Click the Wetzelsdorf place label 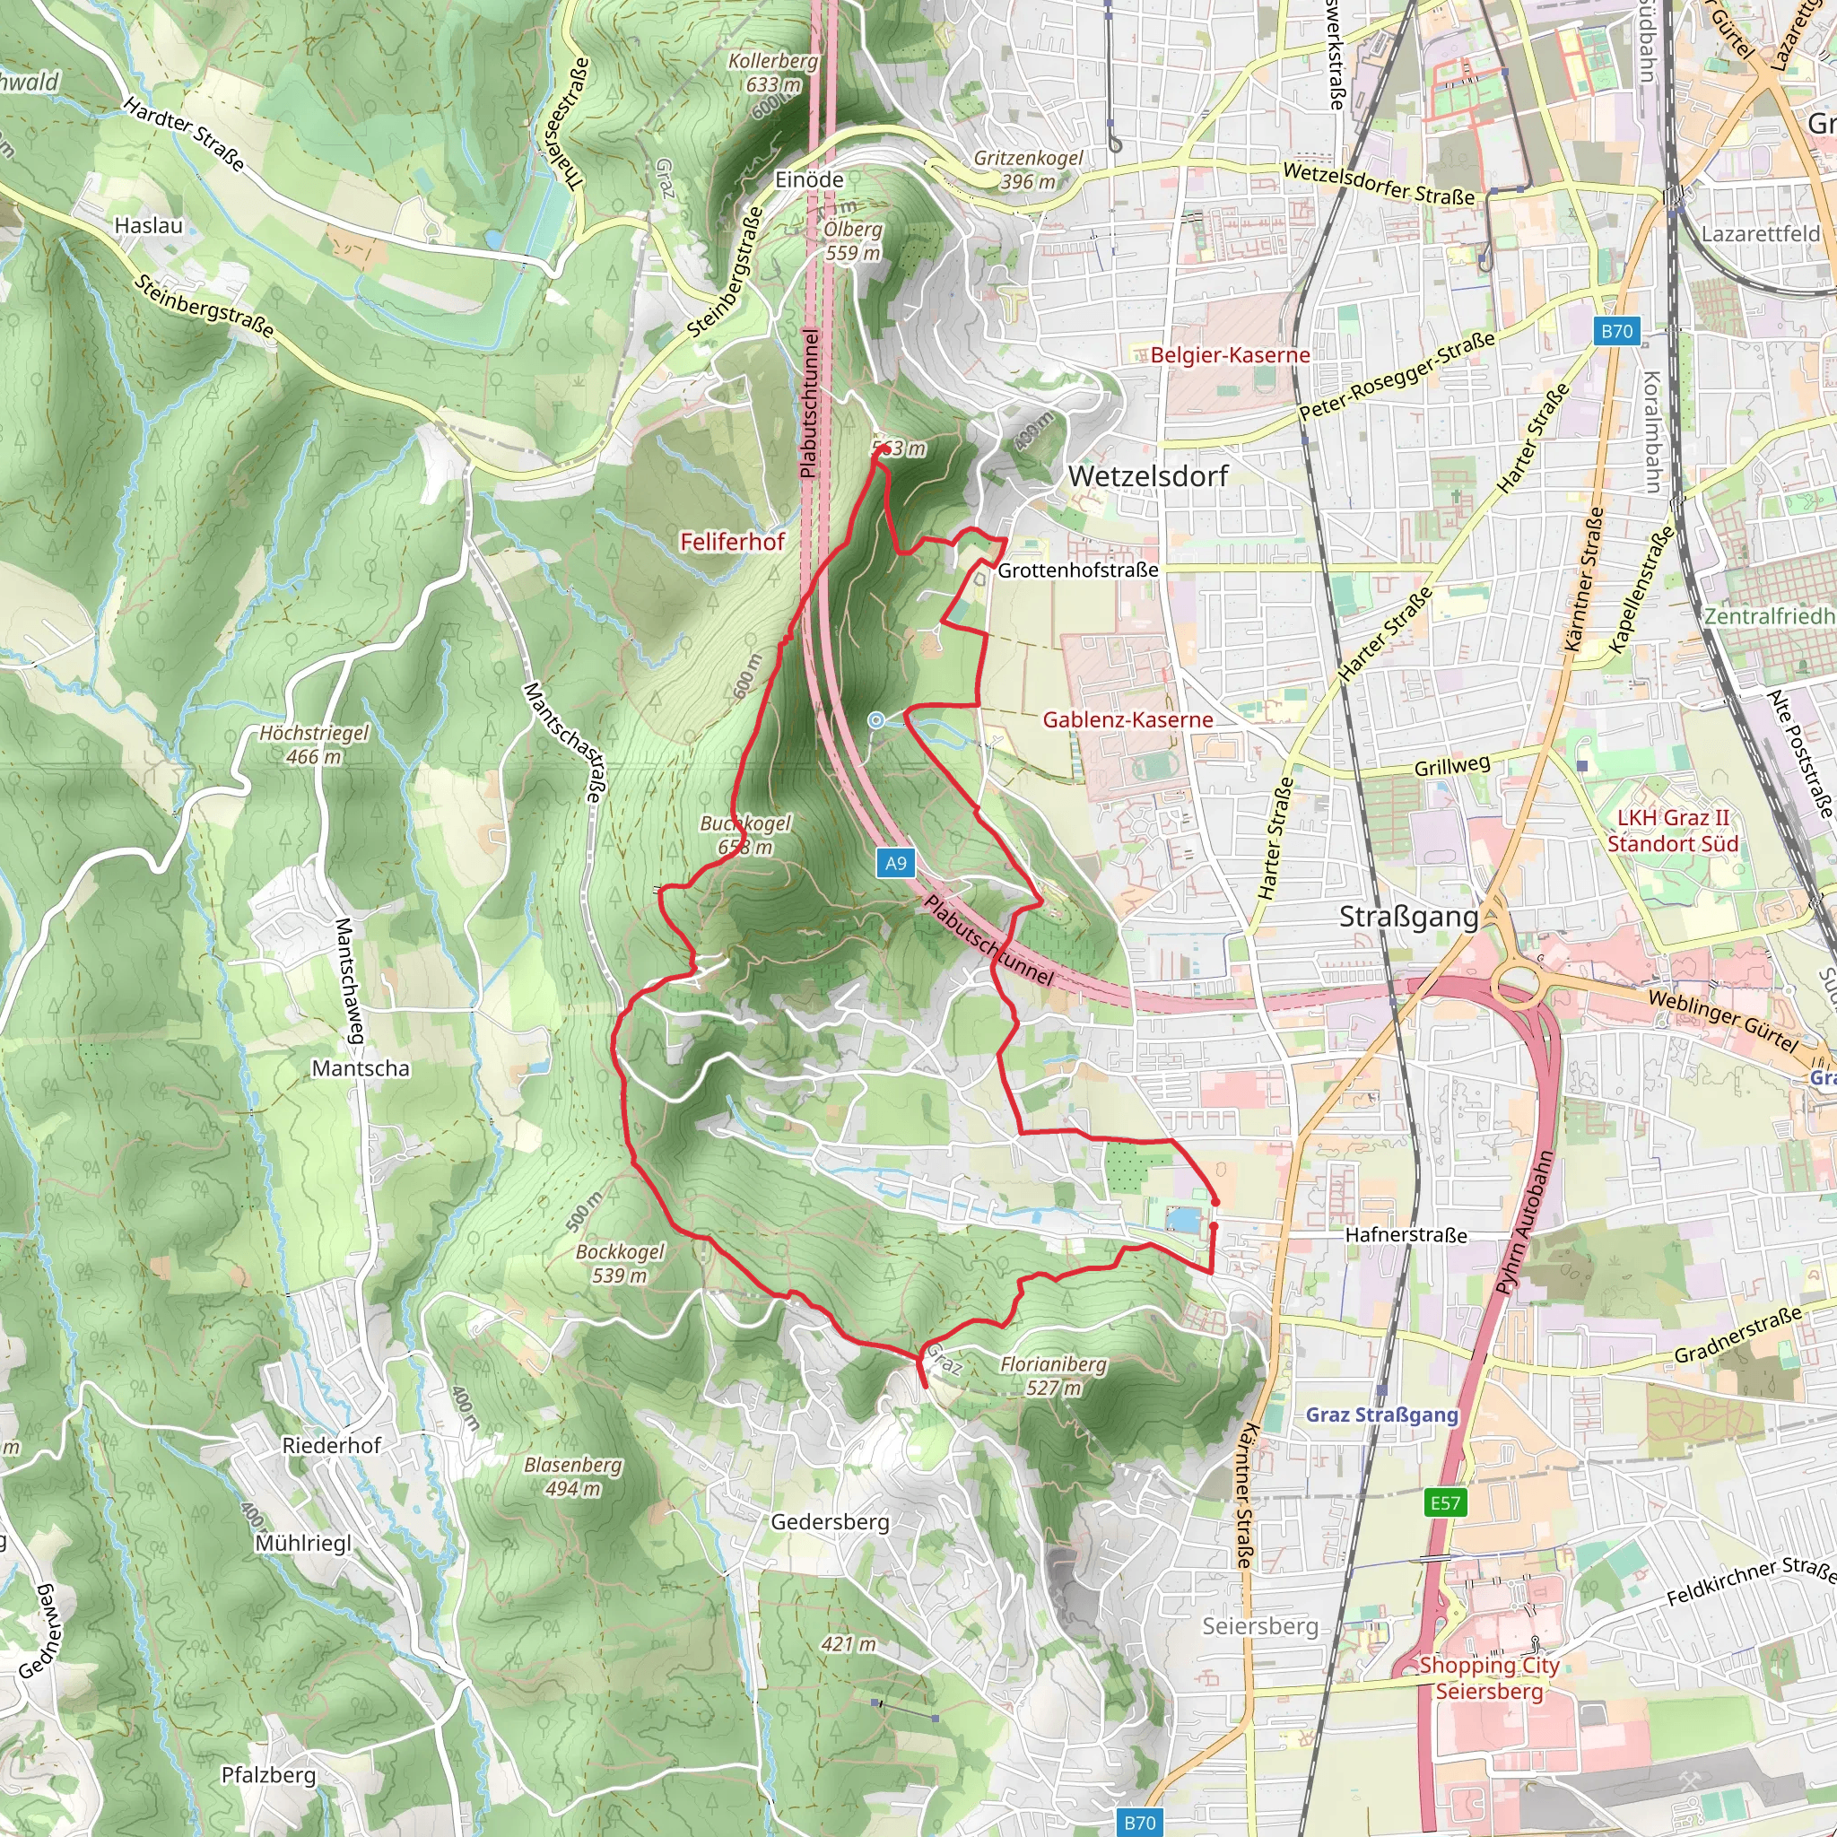click(1147, 476)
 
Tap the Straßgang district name click(1408, 917)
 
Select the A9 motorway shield click(896, 864)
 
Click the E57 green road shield click(1444, 1502)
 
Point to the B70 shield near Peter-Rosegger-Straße click(1616, 331)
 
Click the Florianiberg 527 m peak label click(1054, 1376)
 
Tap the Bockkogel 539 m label click(620, 1264)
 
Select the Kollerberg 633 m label click(772, 73)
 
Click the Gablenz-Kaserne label click(1127, 719)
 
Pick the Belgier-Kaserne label click(1230, 355)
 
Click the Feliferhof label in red click(732, 542)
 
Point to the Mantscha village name click(361, 1068)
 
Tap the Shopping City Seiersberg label click(1489, 1678)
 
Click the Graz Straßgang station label click(1381, 1414)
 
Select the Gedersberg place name click(830, 1522)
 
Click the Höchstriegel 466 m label click(314, 744)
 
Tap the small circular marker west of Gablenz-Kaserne click(875, 721)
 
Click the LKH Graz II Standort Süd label click(1673, 830)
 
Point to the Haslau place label click(148, 225)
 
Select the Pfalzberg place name click(268, 1775)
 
